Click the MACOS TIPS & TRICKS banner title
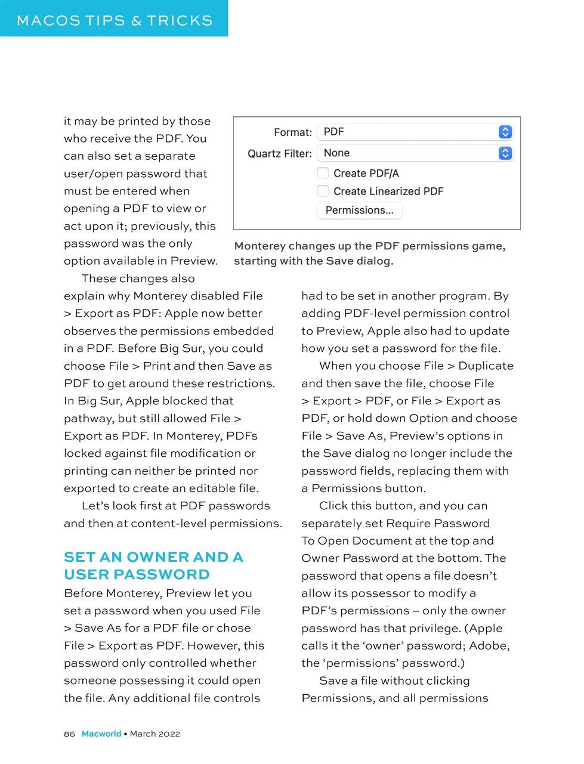(x=115, y=20)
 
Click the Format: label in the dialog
(x=292, y=132)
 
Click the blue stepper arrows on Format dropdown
(x=505, y=132)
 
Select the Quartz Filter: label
(x=279, y=154)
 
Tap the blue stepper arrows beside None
(x=505, y=153)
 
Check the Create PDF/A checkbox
(x=323, y=173)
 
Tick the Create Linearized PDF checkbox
(x=323, y=191)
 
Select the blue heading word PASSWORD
(x=162, y=574)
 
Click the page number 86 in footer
(x=69, y=734)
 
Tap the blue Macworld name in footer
(x=101, y=734)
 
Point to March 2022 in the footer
(x=155, y=734)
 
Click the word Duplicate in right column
(x=486, y=366)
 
